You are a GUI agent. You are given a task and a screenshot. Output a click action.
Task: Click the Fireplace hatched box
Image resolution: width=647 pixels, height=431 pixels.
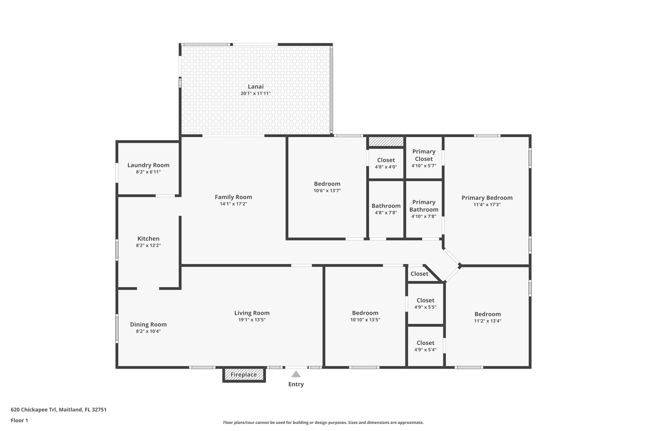point(244,375)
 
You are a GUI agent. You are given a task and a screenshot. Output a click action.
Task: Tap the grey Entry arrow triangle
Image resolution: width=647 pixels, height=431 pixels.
point(296,374)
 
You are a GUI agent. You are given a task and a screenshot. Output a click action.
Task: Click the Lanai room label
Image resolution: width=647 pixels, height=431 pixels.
point(256,87)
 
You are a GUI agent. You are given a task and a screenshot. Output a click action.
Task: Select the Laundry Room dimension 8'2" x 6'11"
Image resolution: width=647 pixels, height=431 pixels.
point(148,172)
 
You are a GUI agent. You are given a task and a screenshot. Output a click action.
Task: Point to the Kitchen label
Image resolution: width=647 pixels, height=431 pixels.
point(148,239)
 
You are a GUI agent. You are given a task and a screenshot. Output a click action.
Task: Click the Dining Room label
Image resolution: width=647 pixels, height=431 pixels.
point(148,325)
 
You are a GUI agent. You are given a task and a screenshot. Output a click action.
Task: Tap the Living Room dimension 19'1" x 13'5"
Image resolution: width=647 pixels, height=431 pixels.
point(252,320)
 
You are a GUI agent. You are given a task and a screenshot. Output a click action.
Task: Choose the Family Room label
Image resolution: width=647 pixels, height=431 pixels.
point(233,197)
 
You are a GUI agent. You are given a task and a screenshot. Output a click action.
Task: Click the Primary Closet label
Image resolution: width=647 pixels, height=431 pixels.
point(424,155)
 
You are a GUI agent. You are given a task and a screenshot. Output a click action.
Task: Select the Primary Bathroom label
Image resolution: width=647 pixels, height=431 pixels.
point(424,206)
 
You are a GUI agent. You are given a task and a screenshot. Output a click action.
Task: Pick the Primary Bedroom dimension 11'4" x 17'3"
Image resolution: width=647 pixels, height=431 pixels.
point(487,205)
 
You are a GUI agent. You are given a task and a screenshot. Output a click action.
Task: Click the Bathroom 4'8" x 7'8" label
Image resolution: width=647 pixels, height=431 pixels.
point(386,206)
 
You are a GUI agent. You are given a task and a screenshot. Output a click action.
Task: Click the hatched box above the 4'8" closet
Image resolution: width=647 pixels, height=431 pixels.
point(386,141)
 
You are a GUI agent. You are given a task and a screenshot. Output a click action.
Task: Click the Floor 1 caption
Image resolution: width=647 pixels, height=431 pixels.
point(20,420)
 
